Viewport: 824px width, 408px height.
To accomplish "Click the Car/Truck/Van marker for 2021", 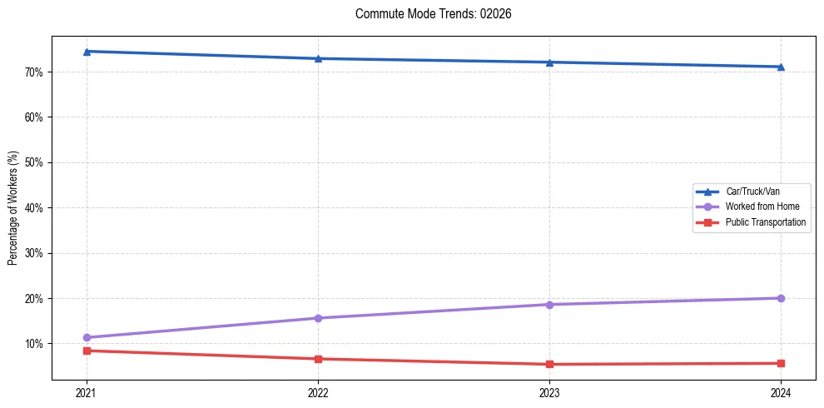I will coord(87,52).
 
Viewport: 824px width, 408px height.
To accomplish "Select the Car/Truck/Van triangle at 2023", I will coord(549,62).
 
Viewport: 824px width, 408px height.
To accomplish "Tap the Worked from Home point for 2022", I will coord(318,318).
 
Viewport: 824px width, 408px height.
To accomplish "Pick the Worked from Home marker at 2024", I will coord(781,298).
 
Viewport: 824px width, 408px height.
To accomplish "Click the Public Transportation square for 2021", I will coord(87,351).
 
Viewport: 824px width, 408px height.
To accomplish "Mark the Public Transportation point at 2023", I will coord(549,364).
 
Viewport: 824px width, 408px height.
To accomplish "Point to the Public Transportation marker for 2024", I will coord(781,363).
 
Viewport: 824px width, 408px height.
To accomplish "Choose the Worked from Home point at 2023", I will coord(549,305).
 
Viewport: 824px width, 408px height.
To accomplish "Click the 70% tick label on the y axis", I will coord(34,72).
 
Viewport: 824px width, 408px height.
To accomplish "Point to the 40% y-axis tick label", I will coord(34,208).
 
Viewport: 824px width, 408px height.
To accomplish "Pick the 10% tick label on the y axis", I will coord(34,344).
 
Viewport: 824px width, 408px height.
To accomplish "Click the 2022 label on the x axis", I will coord(318,392).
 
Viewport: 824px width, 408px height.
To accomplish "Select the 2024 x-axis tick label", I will coord(781,392).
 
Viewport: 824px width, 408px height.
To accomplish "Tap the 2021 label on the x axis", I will coord(87,392).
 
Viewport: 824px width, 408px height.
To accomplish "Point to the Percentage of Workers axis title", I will coord(13,208).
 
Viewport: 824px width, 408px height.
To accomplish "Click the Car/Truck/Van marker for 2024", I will coord(781,67).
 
